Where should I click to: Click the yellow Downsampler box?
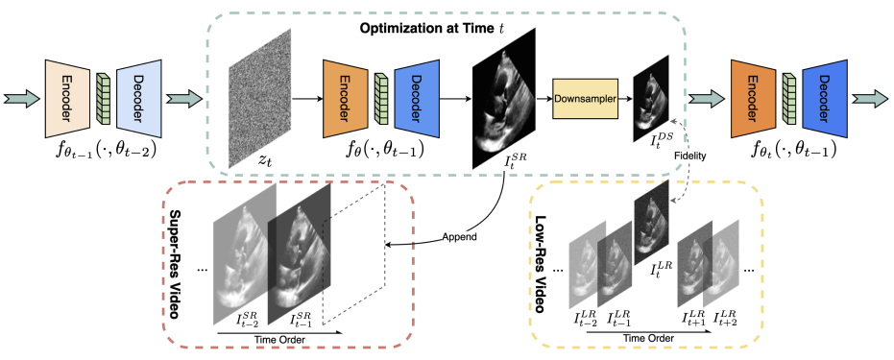pyautogui.click(x=586, y=99)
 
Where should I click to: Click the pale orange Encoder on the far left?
pyautogui.click(x=66, y=98)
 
